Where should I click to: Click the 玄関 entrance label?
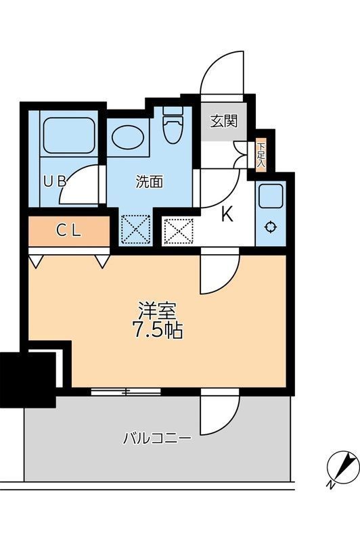pyautogui.click(x=223, y=122)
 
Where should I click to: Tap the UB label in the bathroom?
pyautogui.click(x=55, y=181)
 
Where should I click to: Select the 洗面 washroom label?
pyautogui.click(x=149, y=181)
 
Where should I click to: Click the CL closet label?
pyautogui.click(x=68, y=230)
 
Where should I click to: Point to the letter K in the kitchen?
pyautogui.click(x=227, y=215)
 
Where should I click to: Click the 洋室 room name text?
pyautogui.click(x=158, y=311)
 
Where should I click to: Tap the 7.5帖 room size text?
pyautogui.click(x=158, y=331)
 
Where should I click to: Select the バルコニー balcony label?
pyautogui.click(x=156, y=438)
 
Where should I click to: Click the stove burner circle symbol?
pyautogui.click(x=271, y=227)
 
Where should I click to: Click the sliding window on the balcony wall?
pyautogui.click(x=126, y=391)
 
